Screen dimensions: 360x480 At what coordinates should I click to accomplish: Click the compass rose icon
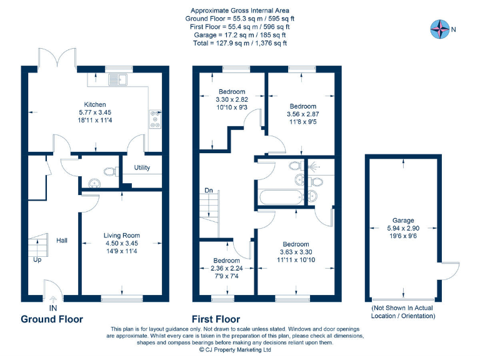[x=440, y=28]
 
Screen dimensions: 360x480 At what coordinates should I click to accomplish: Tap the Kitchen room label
[x=95, y=104]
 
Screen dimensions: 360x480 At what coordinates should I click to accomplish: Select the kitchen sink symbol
[x=117, y=79]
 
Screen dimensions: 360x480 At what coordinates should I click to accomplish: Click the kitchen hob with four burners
[x=154, y=119]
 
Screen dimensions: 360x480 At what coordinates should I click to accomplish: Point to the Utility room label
[x=142, y=167]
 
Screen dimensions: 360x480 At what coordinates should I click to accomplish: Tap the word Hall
[x=62, y=241]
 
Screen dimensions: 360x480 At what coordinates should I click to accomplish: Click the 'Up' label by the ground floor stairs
[x=37, y=259]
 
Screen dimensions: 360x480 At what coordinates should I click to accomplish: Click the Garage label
[x=403, y=221]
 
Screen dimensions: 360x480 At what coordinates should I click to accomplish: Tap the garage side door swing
[x=449, y=271]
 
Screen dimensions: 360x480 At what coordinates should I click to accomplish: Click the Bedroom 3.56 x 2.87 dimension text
[x=302, y=114]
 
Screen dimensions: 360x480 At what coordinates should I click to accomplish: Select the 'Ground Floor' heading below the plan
[x=52, y=319]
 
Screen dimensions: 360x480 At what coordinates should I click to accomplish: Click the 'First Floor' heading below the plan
[x=216, y=319]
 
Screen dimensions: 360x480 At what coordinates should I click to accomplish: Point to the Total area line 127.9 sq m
[x=240, y=43]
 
